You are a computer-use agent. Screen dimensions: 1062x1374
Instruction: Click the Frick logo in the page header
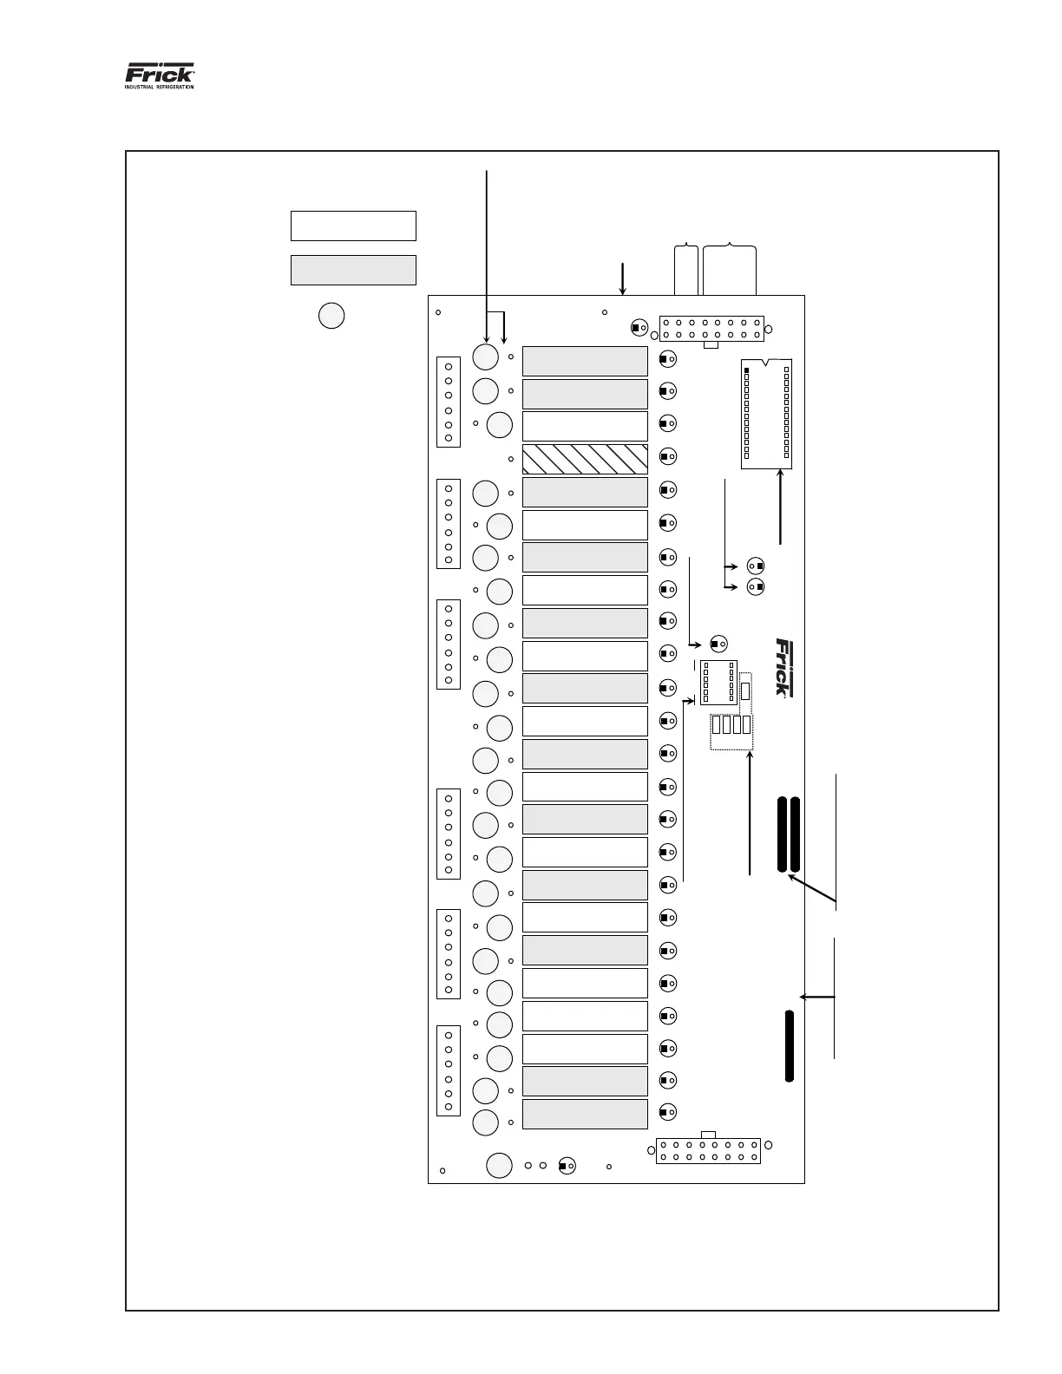(160, 75)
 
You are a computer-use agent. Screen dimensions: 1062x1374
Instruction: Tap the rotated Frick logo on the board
(783, 667)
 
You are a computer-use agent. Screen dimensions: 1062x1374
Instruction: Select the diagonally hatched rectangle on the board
(585, 459)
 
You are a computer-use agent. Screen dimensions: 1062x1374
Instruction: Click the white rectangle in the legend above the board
(353, 226)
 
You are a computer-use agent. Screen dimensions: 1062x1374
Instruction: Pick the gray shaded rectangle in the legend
(353, 270)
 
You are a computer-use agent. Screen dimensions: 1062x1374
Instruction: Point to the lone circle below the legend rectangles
(331, 315)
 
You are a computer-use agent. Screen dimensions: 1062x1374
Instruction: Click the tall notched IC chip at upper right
(767, 413)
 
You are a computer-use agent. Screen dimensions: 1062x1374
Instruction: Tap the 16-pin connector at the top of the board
(711, 328)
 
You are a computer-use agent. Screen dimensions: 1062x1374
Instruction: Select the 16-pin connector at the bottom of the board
(708, 1150)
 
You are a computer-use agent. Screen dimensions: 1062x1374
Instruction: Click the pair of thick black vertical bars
(789, 834)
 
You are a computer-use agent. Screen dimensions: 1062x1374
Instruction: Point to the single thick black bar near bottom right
(789, 1045)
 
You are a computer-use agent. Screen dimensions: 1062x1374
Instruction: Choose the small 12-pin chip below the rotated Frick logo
(718, 682)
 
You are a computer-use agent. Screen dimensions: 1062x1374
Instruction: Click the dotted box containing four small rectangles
(731, 731)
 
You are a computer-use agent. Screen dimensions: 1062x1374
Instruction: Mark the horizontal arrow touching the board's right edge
(817, 998)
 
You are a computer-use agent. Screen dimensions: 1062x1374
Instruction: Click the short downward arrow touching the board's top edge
(622, 278)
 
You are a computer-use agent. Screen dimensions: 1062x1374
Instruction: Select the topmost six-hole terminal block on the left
(448, 402)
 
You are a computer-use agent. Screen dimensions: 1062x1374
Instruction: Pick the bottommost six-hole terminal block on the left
(448, 1070)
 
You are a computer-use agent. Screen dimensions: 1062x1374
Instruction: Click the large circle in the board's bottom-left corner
(499, 1165)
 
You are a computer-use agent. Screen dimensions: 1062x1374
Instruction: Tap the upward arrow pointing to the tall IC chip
(782, 507)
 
